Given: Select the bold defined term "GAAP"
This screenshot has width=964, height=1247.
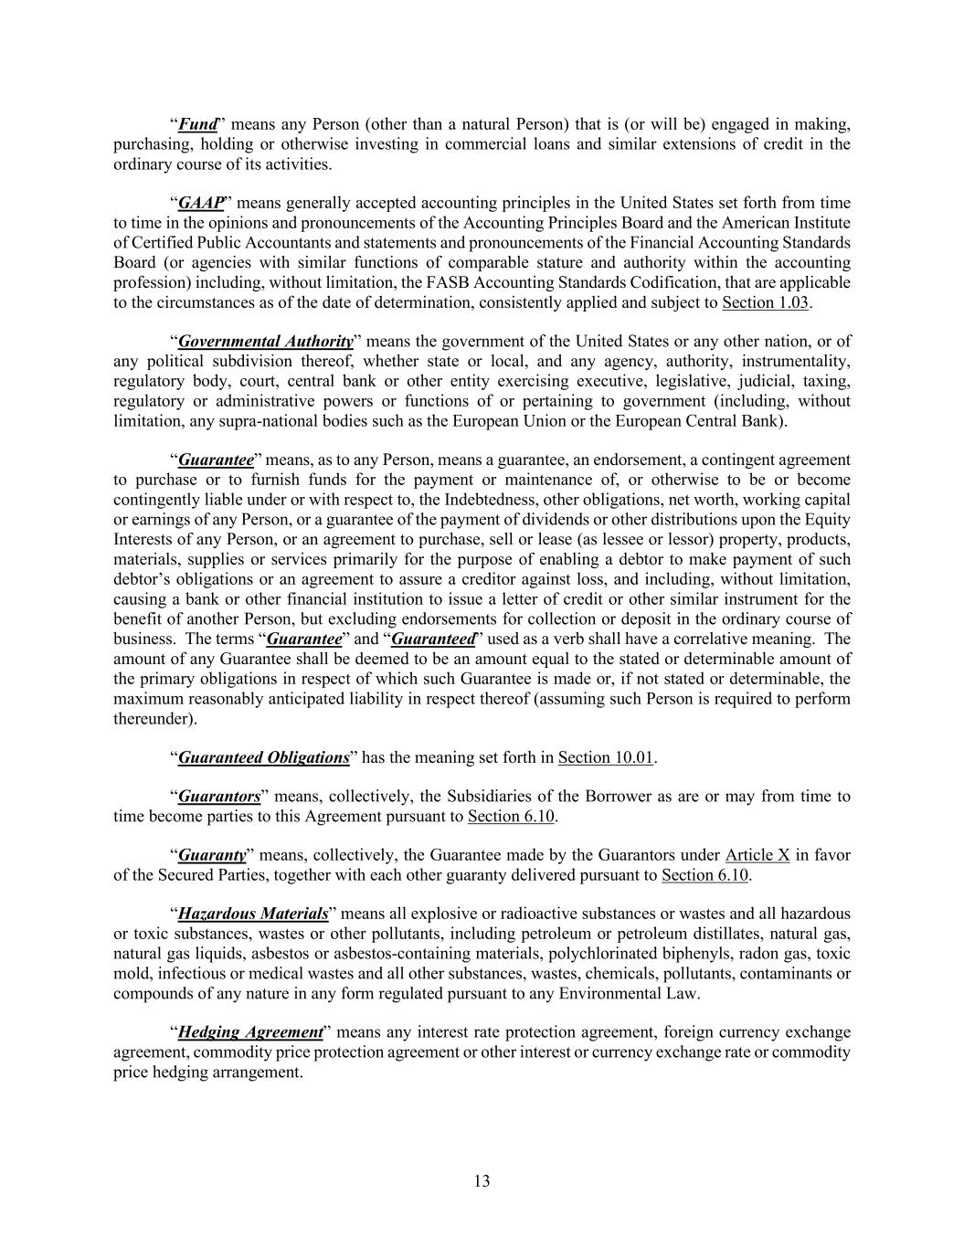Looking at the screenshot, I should coord(200,203).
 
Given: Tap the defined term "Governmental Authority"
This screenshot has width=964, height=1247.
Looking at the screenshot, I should coord(265,342).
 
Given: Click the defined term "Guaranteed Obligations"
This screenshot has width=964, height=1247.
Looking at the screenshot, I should coord(263,757).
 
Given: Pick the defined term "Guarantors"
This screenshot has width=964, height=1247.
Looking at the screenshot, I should coord(219,797).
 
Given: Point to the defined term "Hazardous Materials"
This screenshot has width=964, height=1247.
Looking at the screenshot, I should coord(252,914).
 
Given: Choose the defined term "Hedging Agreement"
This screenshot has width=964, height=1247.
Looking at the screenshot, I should coord(250,1032).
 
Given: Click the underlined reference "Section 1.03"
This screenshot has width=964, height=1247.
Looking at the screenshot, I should coord(765,302).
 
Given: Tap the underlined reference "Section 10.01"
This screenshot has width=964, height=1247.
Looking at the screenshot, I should coord(606,757).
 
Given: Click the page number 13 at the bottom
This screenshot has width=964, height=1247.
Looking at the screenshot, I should coord(482,1181).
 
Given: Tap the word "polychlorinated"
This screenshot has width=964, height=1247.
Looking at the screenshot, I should coord(598,954).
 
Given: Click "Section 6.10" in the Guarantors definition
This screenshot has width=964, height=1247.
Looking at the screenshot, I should coord(511,817).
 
